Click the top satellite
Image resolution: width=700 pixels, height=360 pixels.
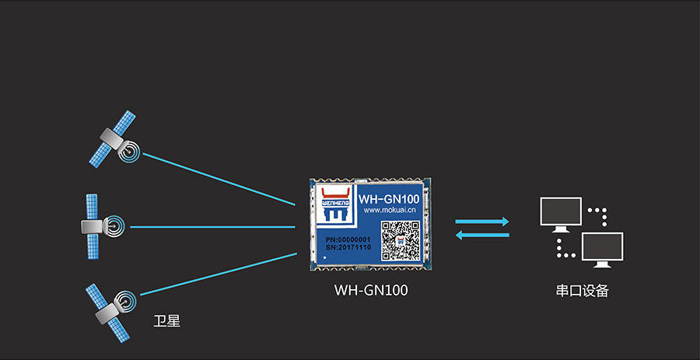coord(114,140)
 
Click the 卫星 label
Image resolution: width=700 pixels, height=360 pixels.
coord(167,320)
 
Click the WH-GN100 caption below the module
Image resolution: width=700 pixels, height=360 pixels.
coord(371,291)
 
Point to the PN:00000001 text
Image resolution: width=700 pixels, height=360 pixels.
coord(348,238)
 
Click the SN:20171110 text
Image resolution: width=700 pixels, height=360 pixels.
coord(348,247)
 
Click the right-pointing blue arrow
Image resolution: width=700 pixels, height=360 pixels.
coord(482,222)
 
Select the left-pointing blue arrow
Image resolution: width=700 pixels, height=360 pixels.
coord(482,236)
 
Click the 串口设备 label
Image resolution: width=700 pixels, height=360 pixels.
coord(582,292)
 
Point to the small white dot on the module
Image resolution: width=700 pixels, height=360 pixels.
coord(324,257)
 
